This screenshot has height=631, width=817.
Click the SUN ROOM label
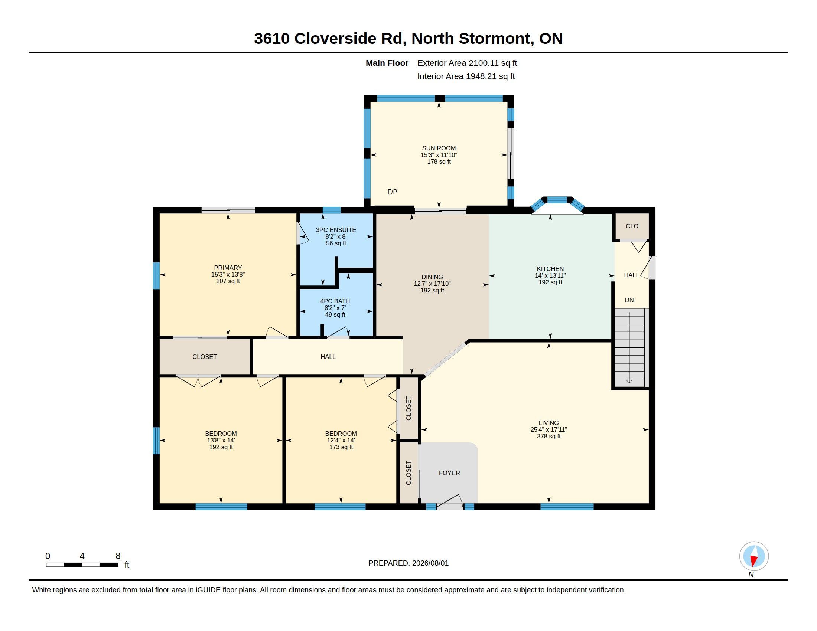click(x=439, y=148)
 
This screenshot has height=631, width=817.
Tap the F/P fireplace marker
click(x=392, y=192)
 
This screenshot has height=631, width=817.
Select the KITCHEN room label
click(x=550, y=269)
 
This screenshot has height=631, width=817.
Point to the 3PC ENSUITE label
click(x=336, y=230)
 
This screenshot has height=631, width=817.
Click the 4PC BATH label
click(x=335, y=301)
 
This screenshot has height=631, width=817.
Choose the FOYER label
click(x=449, y=473)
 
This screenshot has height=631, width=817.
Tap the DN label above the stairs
click(x=629, y=300)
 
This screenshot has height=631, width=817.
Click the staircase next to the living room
click(x=630, y=348)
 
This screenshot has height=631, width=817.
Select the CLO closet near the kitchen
click(x=632, y=226)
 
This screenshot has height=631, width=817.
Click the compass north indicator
click(x=754, y=556)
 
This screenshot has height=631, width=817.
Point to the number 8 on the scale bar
click(x=118, y=556)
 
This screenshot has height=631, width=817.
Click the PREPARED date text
click(x=408, y=563)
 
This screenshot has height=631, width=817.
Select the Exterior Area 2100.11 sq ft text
click(x=467, y=63)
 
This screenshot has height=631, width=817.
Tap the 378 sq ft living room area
click(x=549, y=436)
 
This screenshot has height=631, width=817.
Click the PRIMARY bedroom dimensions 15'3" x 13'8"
click(x=228, y=274)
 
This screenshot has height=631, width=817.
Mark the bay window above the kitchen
click(x=557, y=204)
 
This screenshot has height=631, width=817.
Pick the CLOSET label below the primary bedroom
click(x=204, y=357)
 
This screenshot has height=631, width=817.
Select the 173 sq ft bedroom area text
click(x=341, y=447)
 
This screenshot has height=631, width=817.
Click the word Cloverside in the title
click(x=335, y=39)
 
